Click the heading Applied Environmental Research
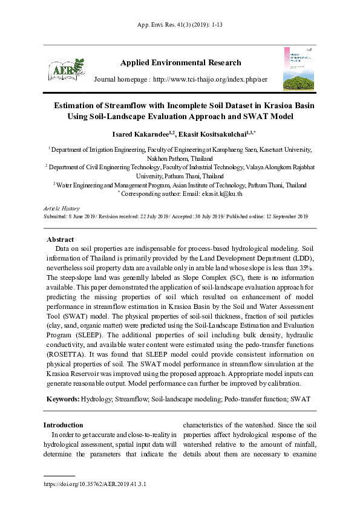tap(181, 63)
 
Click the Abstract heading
tap(60, 239)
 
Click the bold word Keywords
tap(62, 400)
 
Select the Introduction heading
tap(63, 425)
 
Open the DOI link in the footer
tap(95, 484)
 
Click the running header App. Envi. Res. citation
tap(180, 25)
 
